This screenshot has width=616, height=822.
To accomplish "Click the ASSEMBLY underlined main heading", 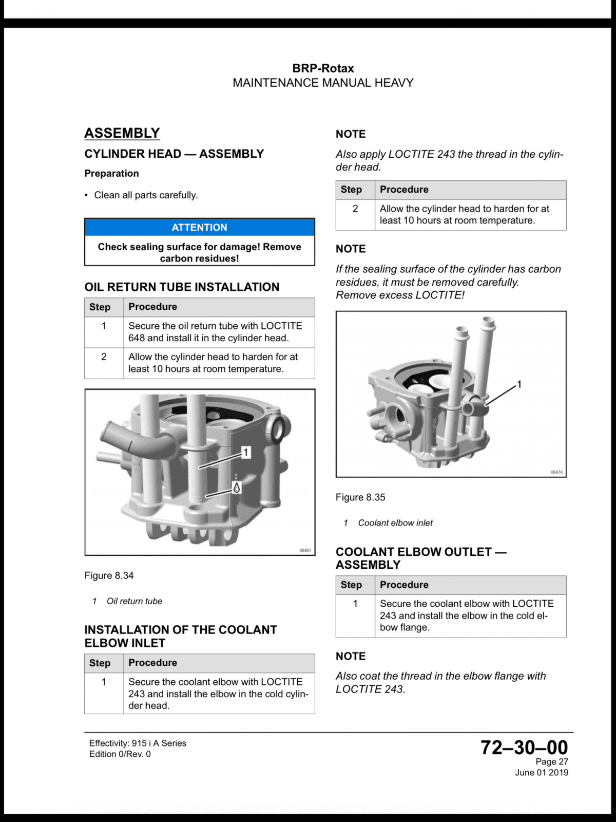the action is coord(122,133).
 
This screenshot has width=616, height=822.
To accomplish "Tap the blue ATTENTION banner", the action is coord(199,227).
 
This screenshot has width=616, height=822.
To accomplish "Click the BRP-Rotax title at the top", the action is coord(323,68).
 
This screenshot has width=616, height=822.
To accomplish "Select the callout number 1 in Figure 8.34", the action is coord(245,453).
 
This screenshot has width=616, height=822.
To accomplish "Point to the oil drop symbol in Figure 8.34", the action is coord(236,488).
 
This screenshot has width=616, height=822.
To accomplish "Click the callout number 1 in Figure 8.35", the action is coord(519,384).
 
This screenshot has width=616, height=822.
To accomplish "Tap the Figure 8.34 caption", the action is coord(109,575).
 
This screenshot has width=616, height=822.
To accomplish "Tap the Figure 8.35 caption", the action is coord(360,497).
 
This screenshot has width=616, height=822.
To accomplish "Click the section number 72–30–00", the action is coord(524,748).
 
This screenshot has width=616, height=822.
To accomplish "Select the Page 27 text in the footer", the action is coord(552,761).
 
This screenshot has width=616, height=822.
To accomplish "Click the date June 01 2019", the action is coord(542,772).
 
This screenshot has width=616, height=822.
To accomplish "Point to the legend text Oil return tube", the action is coord(134,601).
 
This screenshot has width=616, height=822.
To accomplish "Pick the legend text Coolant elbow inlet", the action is coord(395,523).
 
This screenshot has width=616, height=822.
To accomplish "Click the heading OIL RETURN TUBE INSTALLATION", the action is coord(182,287).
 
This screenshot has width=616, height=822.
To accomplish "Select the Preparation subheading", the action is coord(111,173).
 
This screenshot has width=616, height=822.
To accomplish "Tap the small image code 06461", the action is coord(305,551).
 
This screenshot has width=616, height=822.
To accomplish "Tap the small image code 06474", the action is coord(556,472).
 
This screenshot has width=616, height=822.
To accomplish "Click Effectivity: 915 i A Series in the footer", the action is coord(138,743).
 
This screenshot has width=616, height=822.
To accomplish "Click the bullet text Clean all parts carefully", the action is coord(146,195).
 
